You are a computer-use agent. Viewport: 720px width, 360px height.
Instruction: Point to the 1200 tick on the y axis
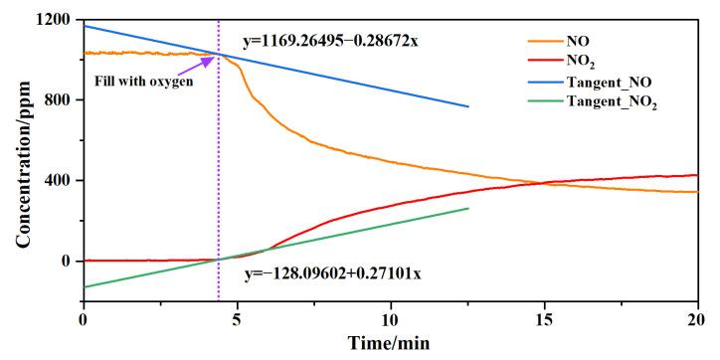coord(53,20)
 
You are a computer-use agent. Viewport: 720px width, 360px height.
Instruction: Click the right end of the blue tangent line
coord(467,106)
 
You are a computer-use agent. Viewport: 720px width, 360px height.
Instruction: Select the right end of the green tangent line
coord(467,208)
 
